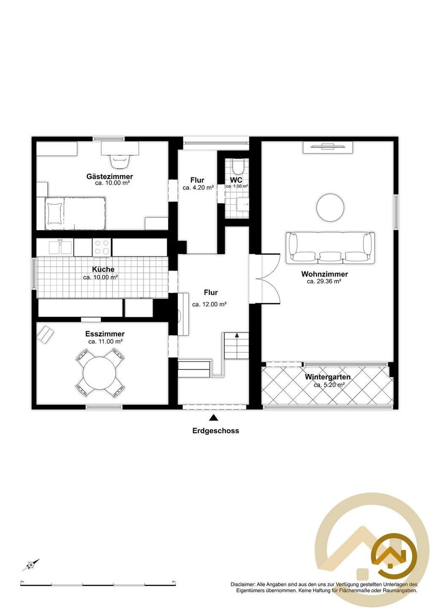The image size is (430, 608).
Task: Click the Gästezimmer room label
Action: (x=110, y=176)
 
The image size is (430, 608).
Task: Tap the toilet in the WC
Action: (x=238, y=166)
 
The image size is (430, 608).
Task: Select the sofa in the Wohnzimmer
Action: (x=330, y=247)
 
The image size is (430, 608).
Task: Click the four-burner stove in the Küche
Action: (x=101, y=247)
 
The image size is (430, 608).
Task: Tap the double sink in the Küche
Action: (x=60, y=247)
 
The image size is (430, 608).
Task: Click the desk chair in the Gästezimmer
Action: (x=119, y=161)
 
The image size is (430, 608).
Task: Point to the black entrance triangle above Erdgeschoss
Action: (x=214, y=418)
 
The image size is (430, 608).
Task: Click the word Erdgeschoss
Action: (x=216, y=431)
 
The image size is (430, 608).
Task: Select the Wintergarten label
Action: (x=327, y=377)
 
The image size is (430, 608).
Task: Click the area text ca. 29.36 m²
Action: (x=324, y=282)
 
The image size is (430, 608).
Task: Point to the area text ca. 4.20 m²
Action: (x=198, y=187)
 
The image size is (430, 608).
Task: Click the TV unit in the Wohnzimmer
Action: (x=328, y=147)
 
